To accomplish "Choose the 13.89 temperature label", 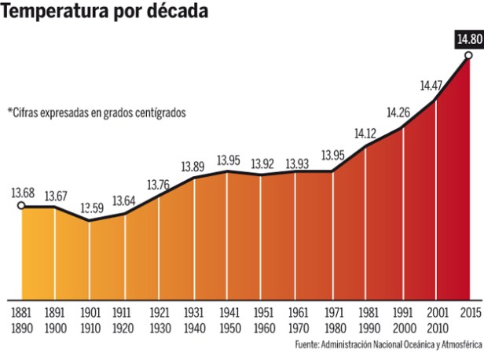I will pos(193,166).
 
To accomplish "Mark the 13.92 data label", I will pos(263,164).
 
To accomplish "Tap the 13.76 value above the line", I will pos(159,185).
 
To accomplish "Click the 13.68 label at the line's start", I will pos(22,193).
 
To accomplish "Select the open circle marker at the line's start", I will pos(21,206).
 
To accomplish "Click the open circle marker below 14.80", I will pos(469,55).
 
